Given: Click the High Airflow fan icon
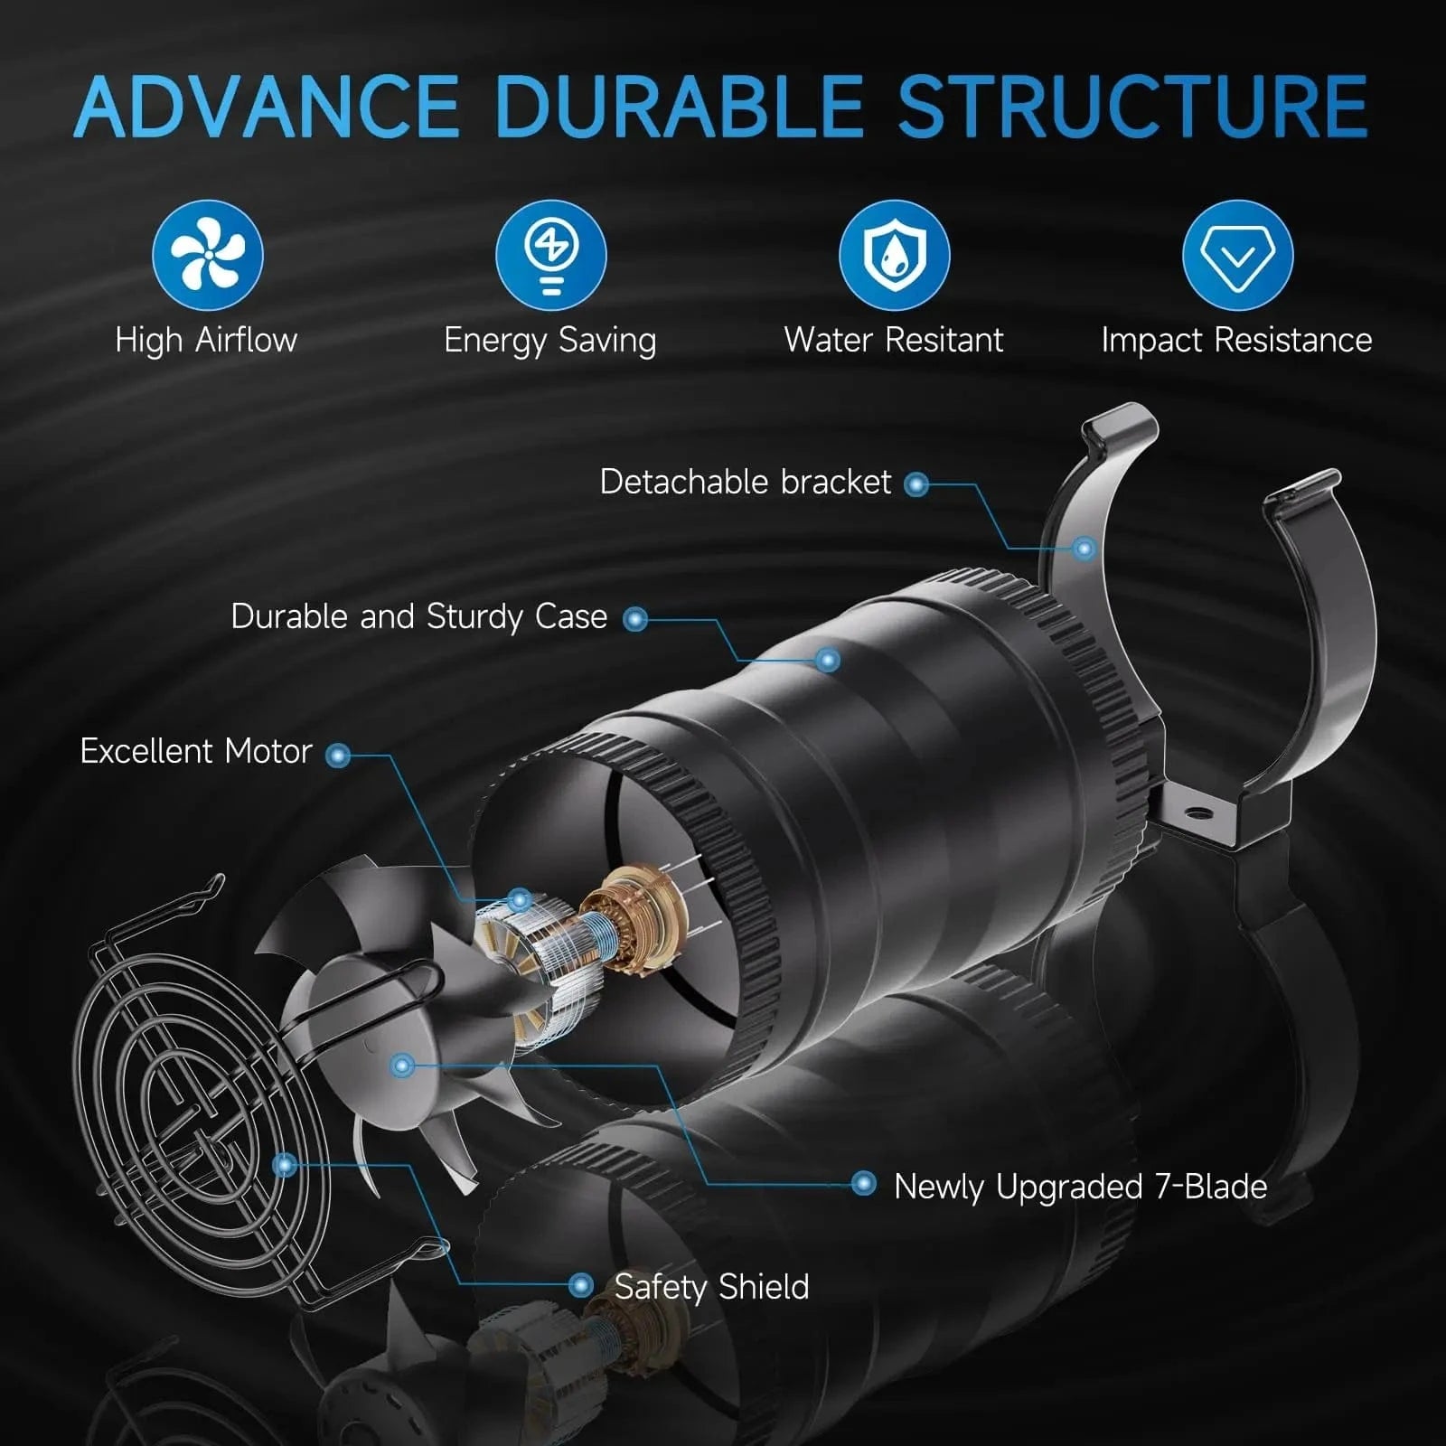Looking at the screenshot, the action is tap(207, 255).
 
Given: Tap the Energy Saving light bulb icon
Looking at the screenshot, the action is tap(550, 255).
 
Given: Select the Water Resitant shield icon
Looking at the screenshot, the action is tap(894, 255).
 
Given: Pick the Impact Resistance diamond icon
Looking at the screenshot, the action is tap(1237, 255).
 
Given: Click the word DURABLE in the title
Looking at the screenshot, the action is tap(679, 106).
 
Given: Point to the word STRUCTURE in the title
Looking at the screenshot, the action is tap(1132, 106).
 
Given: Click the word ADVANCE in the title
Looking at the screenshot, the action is tap(268, 106).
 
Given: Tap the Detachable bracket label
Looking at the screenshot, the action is tap(746, 482).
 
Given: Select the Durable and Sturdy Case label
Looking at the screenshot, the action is tap(419, 616).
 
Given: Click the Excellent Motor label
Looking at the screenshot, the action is tap(196, 751).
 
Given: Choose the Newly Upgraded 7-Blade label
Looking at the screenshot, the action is tap(1081, 1187).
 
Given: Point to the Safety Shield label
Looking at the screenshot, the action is tap(712, 1287).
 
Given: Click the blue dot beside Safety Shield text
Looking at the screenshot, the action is tap(581, 1285).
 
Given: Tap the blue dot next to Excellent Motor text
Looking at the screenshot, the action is tap(338, 755).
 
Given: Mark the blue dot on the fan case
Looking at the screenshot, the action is tap(828, 661).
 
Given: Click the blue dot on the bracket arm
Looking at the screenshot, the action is tap(1084, 548).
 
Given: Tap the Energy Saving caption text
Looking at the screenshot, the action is tap(550, 341).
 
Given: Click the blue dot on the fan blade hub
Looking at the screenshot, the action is tap(403, 1066).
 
